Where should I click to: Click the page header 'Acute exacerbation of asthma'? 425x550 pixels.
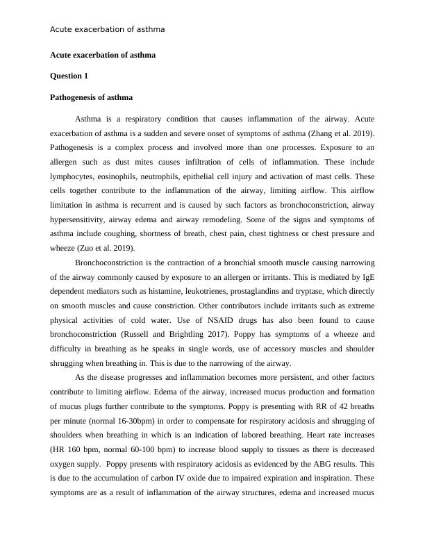107,30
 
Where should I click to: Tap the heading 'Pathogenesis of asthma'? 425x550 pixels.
91,97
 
